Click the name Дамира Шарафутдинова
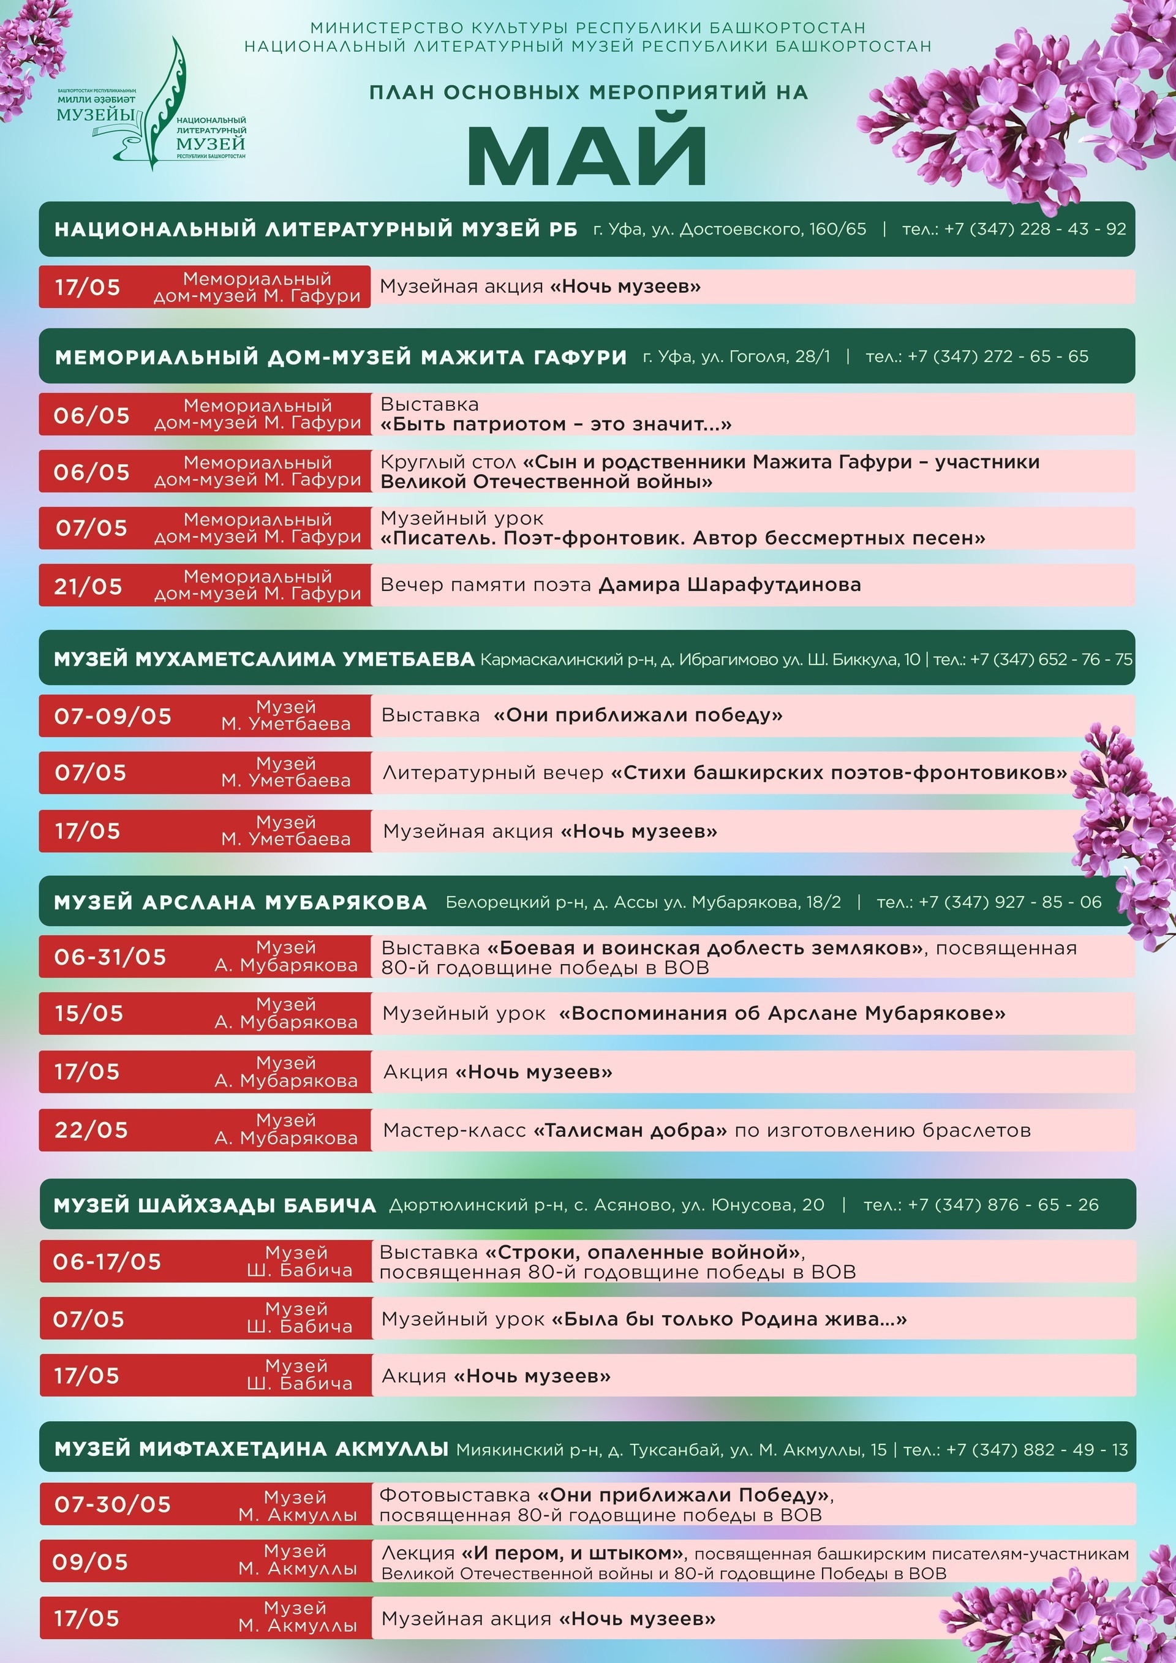point(730,585)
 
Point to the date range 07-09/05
point(113,716)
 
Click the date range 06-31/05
point(110,957)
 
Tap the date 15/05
point(89,1013)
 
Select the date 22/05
point(91,1130)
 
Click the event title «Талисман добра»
point(630,1130)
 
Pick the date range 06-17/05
point(107,1262)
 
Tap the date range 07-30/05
point(113,1504)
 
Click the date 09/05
point(91,1563)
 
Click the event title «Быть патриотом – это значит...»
point(556,424)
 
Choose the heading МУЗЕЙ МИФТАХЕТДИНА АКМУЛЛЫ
point(251,1449)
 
